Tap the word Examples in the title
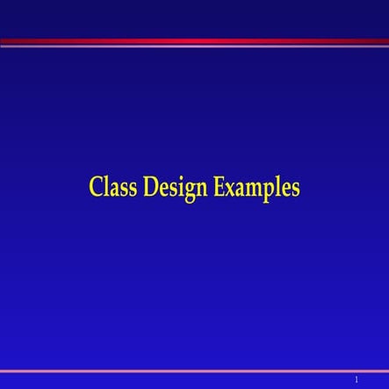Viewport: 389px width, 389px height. click(x=255, y=189)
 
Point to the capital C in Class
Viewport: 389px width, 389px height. click(x=95, y=188)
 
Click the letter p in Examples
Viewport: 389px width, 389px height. click(x=268, y=191)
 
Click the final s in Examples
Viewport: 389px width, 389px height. click(x=295, y=190)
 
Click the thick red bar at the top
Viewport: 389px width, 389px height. click(x=194, y=40)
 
